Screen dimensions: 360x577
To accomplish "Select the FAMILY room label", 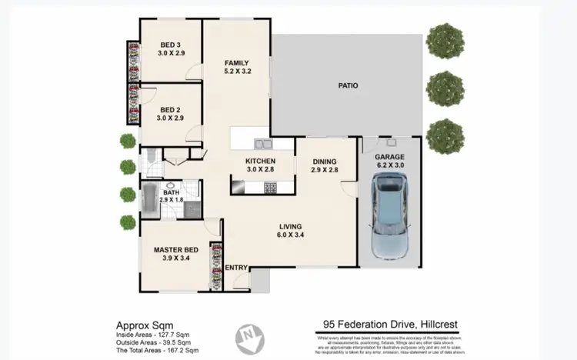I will click(236, 62).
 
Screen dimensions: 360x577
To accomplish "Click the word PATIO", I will click(349, 86).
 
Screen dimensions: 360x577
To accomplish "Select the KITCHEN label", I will click(260, 161).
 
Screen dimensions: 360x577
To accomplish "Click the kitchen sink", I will click(263, 143).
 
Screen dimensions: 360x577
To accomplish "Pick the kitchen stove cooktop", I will click(270, 187).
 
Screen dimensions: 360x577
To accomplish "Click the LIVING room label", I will click(290, 226).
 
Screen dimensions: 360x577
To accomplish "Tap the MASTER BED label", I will click(177, 250).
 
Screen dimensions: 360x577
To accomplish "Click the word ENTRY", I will click(237, 268).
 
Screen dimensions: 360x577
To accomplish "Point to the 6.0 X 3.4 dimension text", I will click(290, 235).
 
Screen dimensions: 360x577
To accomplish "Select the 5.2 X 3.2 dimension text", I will click(236, 72).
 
